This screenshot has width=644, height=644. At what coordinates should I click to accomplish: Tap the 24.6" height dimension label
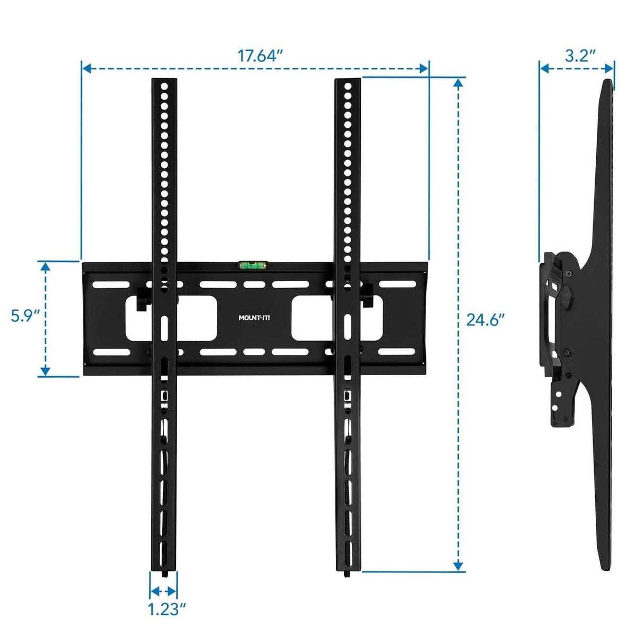click(x=485, y=320)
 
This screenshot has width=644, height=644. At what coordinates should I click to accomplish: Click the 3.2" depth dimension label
click(x=580, y=56)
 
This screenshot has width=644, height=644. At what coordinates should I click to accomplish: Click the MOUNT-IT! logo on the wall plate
click(x=254, y=318)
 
